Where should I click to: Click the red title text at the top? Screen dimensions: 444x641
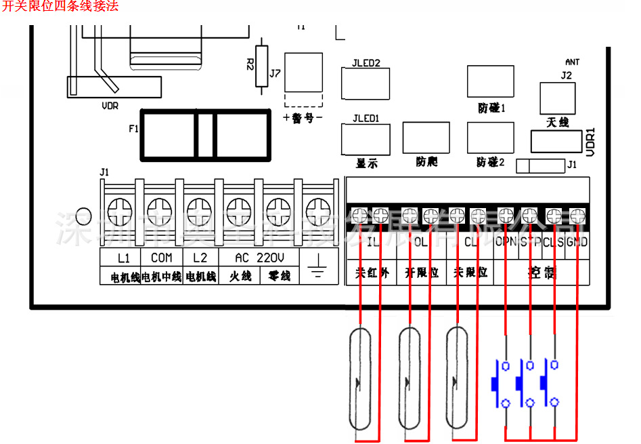click(61, 7)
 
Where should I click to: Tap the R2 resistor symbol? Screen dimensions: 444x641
click(262, 66)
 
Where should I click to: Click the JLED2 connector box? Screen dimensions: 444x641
click(366, 85)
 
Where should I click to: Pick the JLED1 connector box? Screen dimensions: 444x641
click(366, 140)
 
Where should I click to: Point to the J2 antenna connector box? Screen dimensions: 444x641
click(556, 98)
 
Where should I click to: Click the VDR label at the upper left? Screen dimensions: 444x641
click(110, 106)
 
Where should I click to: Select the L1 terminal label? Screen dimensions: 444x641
click(123, 258)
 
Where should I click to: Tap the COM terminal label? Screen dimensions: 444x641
click(161, 258)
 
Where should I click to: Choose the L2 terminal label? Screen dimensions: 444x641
click(200, 258)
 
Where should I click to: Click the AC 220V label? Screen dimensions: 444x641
click(259, 258)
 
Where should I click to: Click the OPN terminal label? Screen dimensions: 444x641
click(506, 242)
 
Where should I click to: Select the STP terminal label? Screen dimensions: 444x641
click(530, 242)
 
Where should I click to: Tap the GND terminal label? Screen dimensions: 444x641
click(577, 242)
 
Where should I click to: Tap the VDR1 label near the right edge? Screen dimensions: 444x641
click(590, 142)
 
